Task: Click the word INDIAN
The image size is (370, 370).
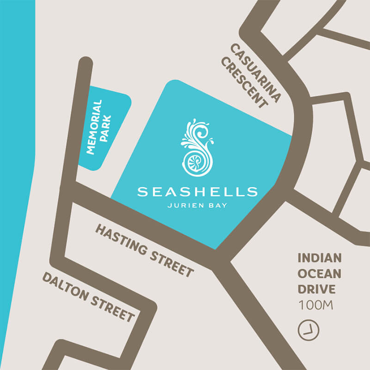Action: pos(319,258)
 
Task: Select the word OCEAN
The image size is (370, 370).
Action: pos(319,273)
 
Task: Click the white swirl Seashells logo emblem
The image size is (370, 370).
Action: pos(198,148)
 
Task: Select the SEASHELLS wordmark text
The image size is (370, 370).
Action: pos(197,191)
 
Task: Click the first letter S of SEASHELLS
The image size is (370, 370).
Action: pos(142,191)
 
